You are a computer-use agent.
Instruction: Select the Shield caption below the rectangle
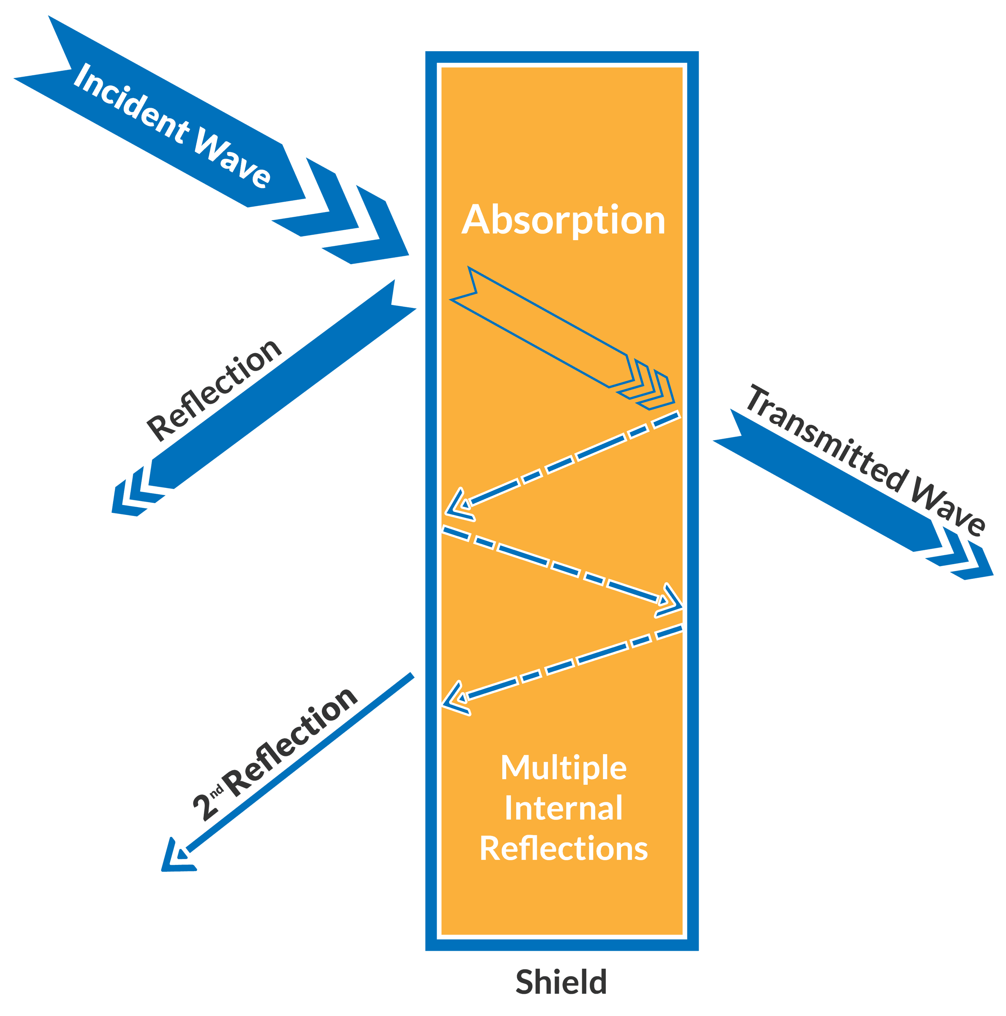561,982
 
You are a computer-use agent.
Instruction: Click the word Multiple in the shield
563,768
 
